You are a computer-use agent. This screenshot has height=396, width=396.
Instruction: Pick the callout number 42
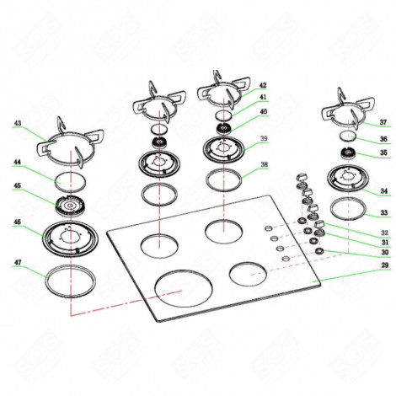pos(263,86)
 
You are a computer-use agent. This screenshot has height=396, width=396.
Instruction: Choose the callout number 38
pos(264,165)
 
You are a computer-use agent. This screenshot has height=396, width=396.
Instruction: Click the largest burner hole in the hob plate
pos(182,286)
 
